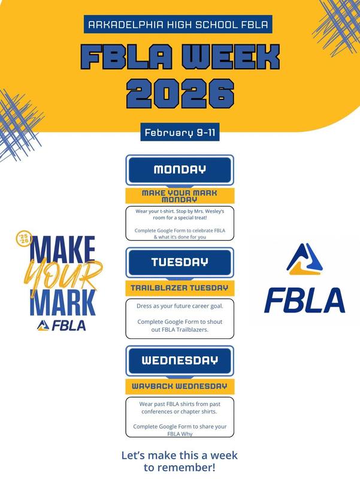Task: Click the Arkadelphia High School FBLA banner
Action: click(x=180, y=25)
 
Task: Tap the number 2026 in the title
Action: click(x=180, y=94)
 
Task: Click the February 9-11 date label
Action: click(x=180, y=132)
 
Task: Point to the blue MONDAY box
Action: click(x=180, y=169)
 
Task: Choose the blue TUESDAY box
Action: click(x=180, y=262)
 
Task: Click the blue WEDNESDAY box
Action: click(x=180, y=360)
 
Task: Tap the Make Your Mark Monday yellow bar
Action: click(x=180, y=196)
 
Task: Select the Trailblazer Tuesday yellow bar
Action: click(x=180, y=288)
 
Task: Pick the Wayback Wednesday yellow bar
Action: click(x=180, y=386)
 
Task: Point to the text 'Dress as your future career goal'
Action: click(x=180, y=304)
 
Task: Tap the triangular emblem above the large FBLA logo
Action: click(x=304, y=261)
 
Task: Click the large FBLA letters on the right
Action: click(x=304, y=301)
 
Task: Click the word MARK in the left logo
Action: click(x=62, y=303)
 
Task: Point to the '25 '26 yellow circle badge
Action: click(x=23, y=239)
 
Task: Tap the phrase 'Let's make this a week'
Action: click(x=180, y=456)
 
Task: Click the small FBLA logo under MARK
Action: click(x=61, y=326)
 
